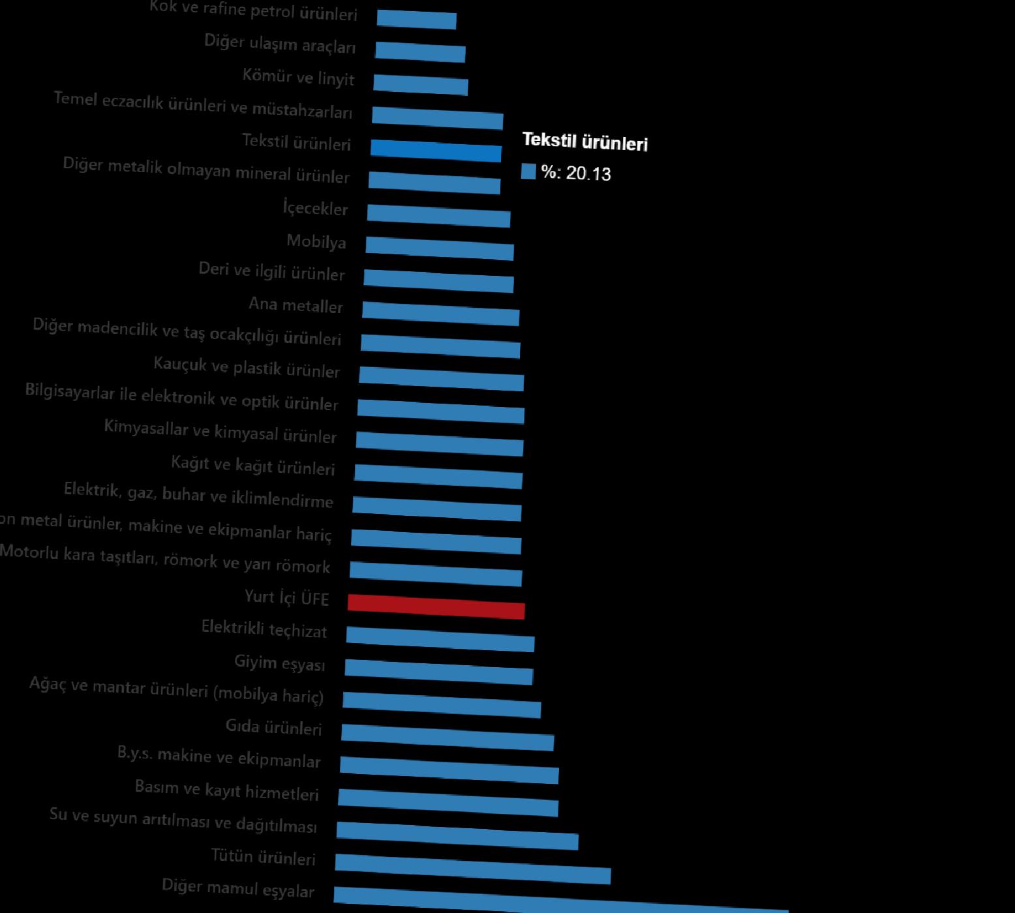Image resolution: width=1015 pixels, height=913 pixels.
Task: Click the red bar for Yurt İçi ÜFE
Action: [x=436, y=606]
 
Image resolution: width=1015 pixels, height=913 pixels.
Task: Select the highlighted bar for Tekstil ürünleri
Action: [x=436, y=151]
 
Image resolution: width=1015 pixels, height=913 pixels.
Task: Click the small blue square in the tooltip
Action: [x=528, y=172]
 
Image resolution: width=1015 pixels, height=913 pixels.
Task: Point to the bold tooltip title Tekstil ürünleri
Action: [x=584, y=142]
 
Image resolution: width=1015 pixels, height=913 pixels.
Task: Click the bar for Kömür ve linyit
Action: [x=421, y=85]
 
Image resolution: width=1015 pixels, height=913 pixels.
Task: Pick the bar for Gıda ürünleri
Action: [x=447, y=738]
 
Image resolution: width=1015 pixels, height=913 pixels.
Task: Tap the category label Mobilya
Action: [x=316, y=242]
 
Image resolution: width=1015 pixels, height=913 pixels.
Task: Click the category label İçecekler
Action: [x=315, y=209]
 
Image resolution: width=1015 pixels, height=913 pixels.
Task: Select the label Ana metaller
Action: [x=295, y=305]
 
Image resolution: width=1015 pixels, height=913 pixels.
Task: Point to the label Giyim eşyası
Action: [x=279, y=663]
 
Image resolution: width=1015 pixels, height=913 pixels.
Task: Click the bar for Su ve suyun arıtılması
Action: [x=457, y=836]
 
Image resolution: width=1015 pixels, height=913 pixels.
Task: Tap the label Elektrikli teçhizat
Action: [x=264, y=629]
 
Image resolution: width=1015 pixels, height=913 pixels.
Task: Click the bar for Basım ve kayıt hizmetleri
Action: [x=448, y=803]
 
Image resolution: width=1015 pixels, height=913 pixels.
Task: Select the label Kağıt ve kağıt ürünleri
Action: [x=252, y=466]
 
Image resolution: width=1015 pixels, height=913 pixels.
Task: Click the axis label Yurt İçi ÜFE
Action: [x=286, y=597]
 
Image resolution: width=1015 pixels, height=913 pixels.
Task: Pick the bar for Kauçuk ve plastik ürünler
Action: [x=441, y=379]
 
